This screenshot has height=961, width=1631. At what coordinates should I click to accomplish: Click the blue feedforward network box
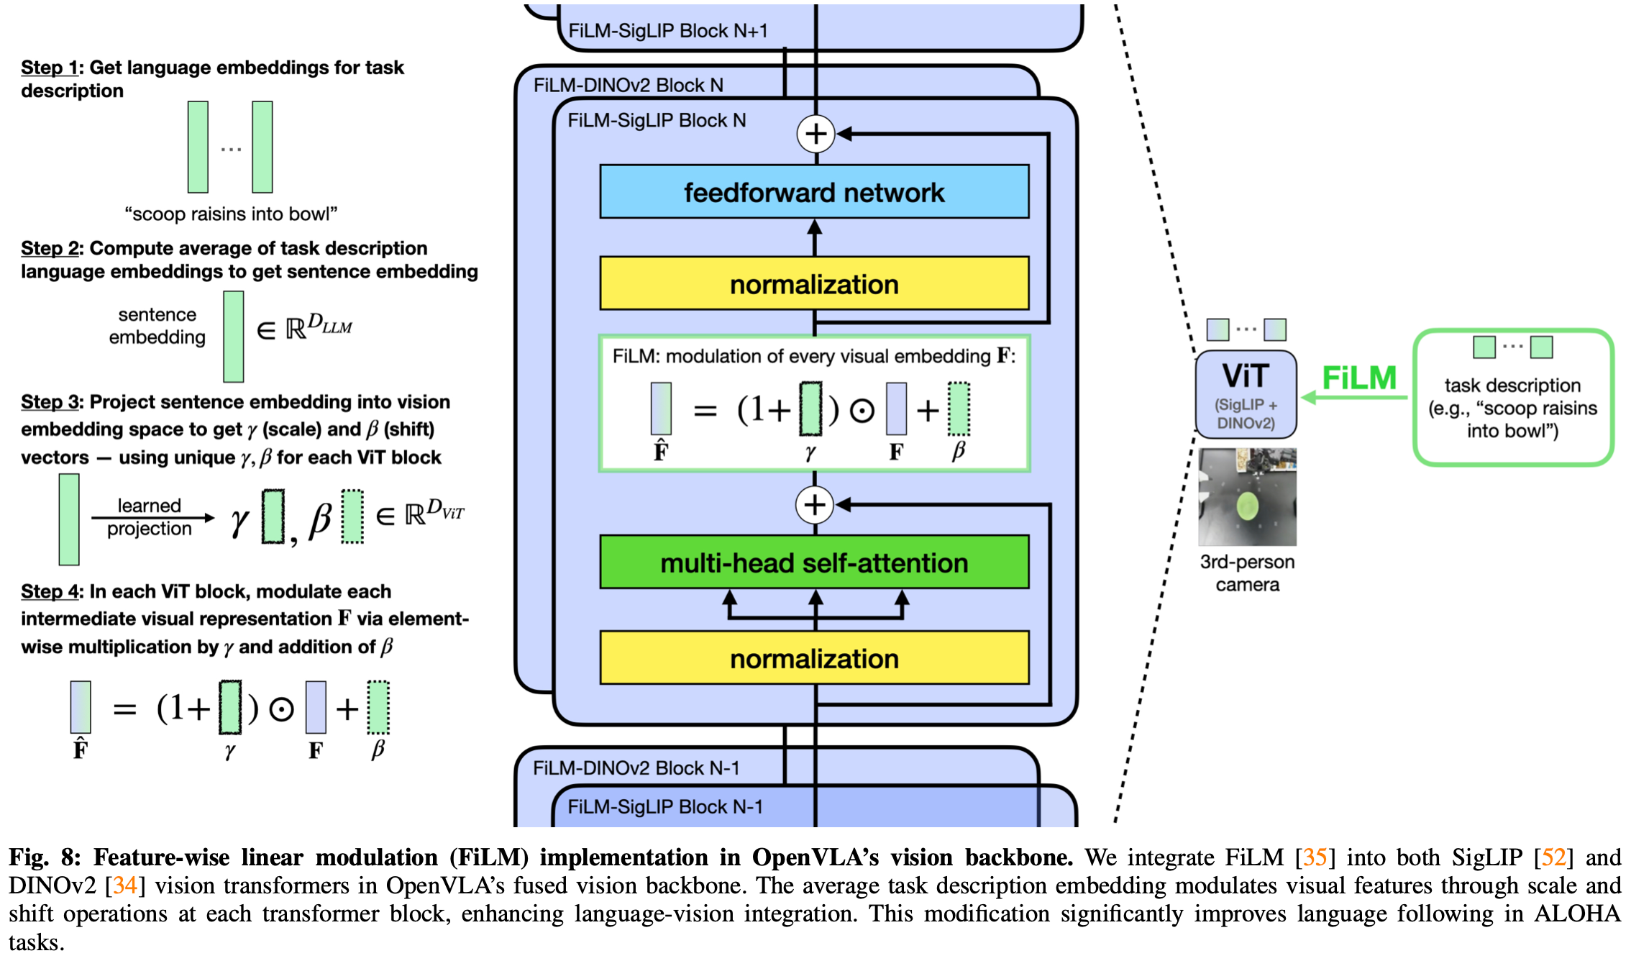[814, 192]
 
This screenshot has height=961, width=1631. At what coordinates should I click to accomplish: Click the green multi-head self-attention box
[814, 563]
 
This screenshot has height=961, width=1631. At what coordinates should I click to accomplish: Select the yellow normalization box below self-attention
[814, 658]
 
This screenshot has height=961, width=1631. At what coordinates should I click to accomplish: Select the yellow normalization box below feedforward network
[814, 284]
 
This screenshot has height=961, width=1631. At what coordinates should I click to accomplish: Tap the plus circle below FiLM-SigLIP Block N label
[815, 134]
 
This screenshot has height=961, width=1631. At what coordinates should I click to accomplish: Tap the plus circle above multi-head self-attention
[815, 505]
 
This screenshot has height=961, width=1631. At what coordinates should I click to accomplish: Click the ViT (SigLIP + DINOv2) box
[1246, 394]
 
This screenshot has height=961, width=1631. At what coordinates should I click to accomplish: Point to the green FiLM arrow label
[1358, 378]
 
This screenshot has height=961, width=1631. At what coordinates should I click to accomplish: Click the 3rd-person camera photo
[1247, 497]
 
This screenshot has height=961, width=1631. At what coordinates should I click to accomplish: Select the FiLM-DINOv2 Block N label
[628, 85]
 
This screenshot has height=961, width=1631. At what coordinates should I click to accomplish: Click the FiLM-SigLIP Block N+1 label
[668, 31]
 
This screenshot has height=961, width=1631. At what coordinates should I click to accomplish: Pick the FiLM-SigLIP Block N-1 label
[665, 806]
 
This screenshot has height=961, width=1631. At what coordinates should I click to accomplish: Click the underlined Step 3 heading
[51, 401]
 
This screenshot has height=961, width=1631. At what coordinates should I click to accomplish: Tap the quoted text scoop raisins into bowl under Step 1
[231, 214]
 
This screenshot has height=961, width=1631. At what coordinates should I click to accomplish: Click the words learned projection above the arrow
[150, 516]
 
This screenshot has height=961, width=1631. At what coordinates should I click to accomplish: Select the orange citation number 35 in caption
[1315, 857]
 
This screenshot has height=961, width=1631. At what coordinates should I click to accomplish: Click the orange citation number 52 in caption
[1553, 857]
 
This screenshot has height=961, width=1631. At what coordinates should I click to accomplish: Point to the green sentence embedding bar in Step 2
[233, 336]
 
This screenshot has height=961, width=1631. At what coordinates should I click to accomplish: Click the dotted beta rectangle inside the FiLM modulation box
[959, 409]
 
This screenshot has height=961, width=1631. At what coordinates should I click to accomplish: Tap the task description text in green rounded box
[1512, 408]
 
